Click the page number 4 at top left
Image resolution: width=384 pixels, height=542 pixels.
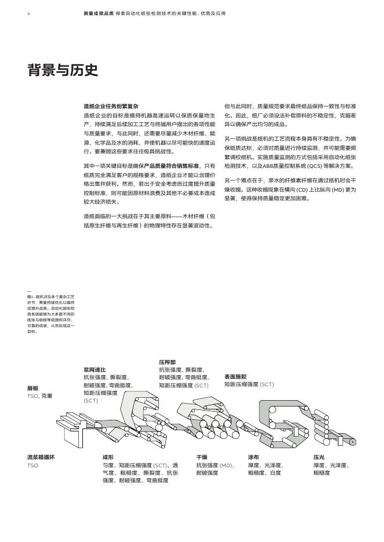coord(28,13)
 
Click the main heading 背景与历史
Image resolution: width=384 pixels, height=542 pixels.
coord(62,71)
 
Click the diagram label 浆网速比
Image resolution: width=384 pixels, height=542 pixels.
coord(95,369)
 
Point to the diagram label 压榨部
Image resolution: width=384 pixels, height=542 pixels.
coord(167,362)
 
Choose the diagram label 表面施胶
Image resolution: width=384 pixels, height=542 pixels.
coord(235,376)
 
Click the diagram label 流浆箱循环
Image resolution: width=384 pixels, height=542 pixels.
coord(41,457)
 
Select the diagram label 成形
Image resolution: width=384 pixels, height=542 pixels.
coord(108,457)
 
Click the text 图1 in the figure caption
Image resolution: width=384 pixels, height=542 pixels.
coord(31,296)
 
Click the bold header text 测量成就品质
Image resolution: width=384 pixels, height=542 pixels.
coord(97,13)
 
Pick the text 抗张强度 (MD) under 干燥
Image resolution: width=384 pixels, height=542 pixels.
coord(215,465)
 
